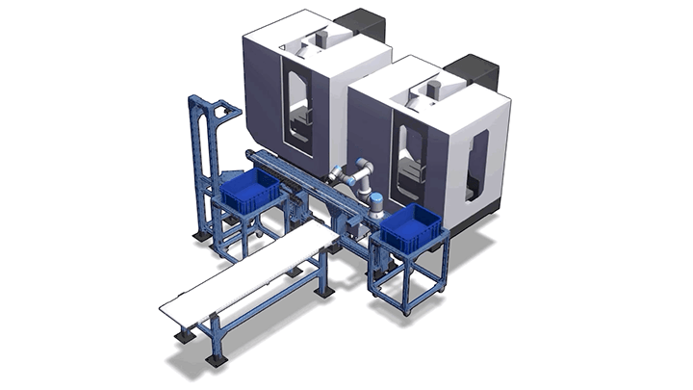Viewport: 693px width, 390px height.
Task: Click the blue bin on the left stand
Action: click(251, 192)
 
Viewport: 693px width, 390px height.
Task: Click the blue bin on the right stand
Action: click(410, 227)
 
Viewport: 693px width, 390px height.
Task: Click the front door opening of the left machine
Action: click(298, 106)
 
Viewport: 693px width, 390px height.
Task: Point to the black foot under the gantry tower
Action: click(198, 234)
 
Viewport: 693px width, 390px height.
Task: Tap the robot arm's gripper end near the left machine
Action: click(332, 173)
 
